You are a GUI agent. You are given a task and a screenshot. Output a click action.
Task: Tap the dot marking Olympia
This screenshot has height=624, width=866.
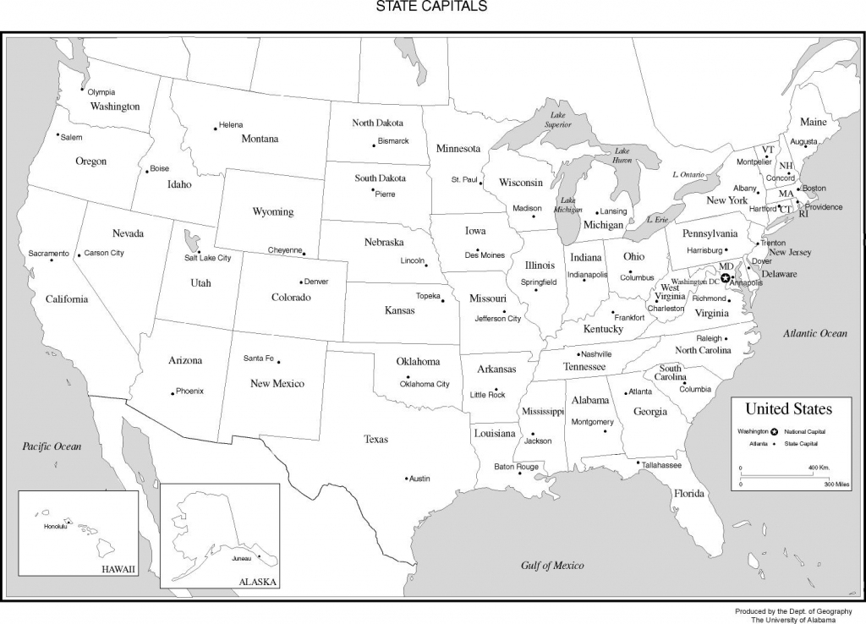coord(83,90)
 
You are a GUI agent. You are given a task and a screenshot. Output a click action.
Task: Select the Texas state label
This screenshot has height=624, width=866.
coord(376,439)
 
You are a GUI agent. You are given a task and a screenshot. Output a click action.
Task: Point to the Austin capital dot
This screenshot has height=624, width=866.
coord(406,478)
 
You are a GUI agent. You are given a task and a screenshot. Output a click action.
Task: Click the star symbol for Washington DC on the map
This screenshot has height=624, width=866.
coord(725,277)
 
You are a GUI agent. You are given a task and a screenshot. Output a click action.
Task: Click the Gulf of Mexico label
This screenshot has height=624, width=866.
coord(552,565)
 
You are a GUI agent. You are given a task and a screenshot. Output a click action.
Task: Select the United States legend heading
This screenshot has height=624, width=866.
coord(788,409)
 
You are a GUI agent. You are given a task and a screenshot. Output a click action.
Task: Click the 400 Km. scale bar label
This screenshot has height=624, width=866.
coord(818,468)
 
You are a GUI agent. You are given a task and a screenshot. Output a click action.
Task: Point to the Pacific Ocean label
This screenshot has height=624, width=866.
coord(52,446)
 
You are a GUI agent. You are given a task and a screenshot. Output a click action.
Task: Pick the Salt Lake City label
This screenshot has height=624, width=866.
coord(208,258)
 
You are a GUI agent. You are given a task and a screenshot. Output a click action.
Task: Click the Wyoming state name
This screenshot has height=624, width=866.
coord(273,211)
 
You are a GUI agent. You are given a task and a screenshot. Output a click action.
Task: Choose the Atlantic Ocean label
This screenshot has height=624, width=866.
coord(814,333)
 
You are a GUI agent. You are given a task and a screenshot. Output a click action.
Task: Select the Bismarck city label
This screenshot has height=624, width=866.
coord(393,140)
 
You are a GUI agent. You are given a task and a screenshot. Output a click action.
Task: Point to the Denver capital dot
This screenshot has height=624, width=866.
coord(301,282)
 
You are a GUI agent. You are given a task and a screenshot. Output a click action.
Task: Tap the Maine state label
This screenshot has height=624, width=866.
coord(814,122)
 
